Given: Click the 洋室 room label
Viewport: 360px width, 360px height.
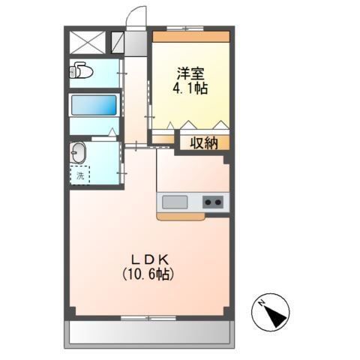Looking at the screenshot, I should point(191,73).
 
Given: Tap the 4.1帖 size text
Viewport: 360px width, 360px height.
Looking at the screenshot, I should point(191,88).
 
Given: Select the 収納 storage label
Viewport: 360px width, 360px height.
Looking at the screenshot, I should point(202,142).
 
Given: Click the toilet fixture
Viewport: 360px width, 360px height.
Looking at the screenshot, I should point(79,72).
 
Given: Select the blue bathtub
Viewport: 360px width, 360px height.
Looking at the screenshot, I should point(94,104).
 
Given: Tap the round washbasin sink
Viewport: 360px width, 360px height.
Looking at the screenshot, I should point(79,154).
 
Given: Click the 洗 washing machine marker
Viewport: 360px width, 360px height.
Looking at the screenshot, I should point(79,176).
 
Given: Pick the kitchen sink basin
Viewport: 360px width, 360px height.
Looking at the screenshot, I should point(175,202).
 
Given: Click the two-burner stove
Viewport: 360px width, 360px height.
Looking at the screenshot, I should point(214,202).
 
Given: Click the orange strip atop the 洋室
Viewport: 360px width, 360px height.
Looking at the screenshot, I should point(191,36).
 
